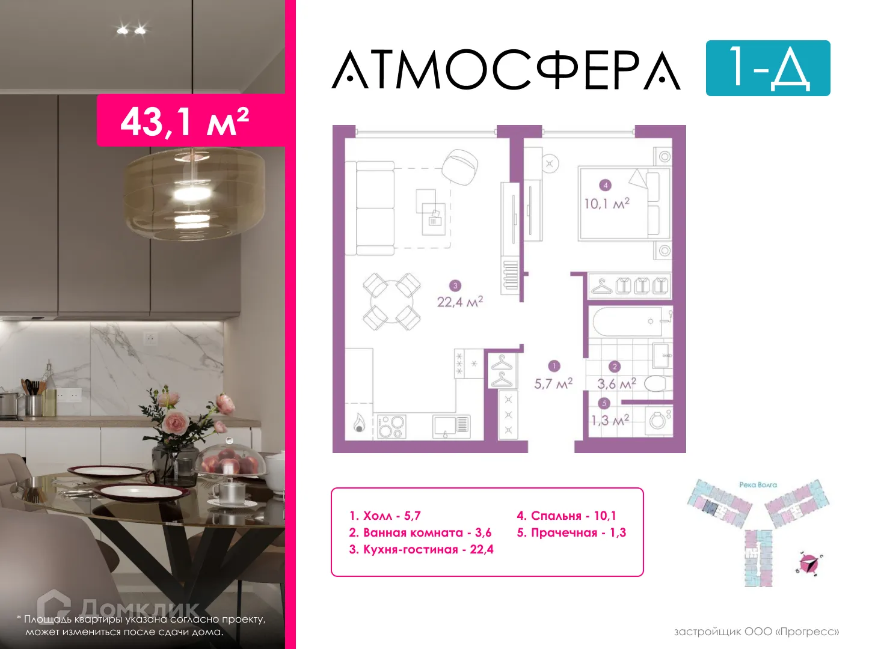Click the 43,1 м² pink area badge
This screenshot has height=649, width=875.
pyautogui.click(x=185, y=121)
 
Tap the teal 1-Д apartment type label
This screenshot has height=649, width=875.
pyautogui.click(x=767, y=68)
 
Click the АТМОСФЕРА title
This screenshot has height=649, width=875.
pyautogui.click(x=506, y=70)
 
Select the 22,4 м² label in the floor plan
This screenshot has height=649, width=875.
pyautogui.click(x=459, y=301)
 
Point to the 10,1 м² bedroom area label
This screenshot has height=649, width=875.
pyautogui.click(x=606, y=203)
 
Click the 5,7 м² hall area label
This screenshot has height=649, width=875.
pyautogui.click(x=553, y=383)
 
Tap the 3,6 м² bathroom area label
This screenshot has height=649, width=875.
pyautogui.click(x=616, y=383)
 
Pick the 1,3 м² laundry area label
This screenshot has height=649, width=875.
pyautogui.click(x=610, y=419)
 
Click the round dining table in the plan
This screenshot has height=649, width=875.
pyautogui.click(x=391, y=302)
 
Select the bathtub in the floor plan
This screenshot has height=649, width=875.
pyautogui.click(x=628, y=321)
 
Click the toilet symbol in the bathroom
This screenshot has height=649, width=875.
pyautogui.click(x=657, y=383)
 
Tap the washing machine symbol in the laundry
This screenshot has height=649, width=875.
pyautogui.click(x=659, y=420)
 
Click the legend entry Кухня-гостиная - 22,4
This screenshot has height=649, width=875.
pyautogui.click(x=421, y=549)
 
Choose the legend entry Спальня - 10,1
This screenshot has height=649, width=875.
pyautogui.click(x=566, y=516)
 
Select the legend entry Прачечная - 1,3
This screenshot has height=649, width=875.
pyautogui.click(x=571, y=532)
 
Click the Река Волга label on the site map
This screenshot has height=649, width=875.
pyautogui.click(x=758, y=484)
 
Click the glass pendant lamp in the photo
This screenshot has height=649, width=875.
pyautogui.click(x=194, y=193)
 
